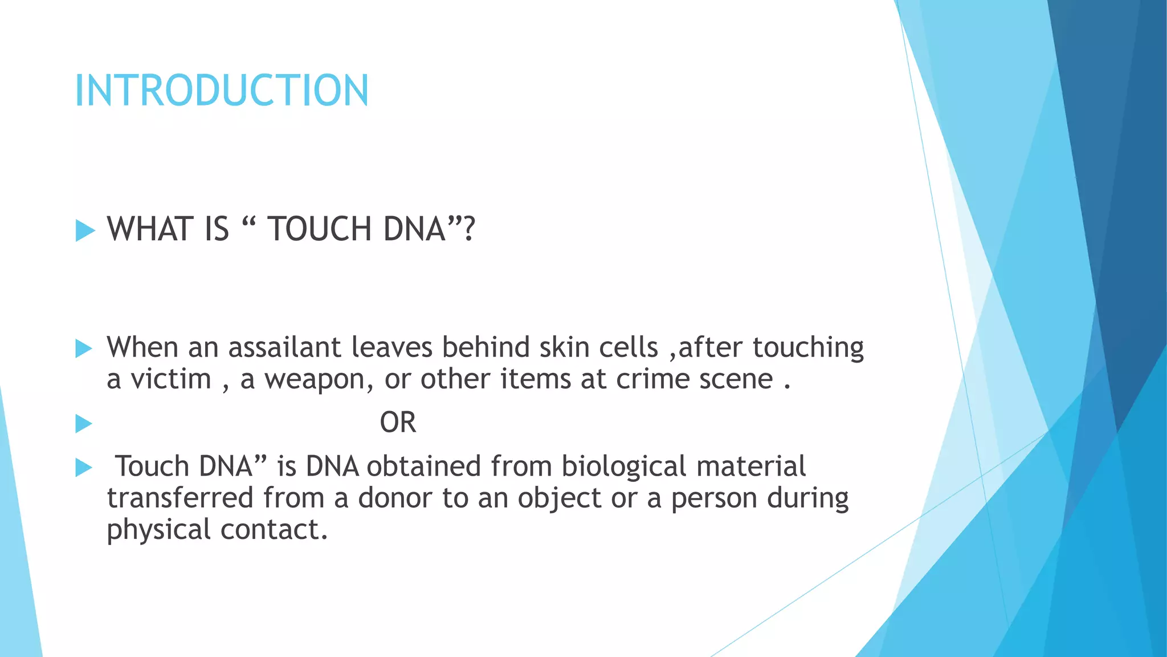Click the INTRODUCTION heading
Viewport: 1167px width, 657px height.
[222, 91]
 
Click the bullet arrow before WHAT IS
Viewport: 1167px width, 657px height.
[84, 231]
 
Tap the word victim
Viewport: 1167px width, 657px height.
[171, 379]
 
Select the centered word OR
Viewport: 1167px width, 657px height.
[398, 423]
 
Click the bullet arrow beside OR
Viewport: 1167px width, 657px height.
[84, 424]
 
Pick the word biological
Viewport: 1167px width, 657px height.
[623, 467]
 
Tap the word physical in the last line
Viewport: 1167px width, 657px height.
[158, 530]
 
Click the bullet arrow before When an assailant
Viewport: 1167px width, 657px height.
[84, 348]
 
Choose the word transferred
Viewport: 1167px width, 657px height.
[180, 498]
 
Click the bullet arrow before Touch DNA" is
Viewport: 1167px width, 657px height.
[84, 468]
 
